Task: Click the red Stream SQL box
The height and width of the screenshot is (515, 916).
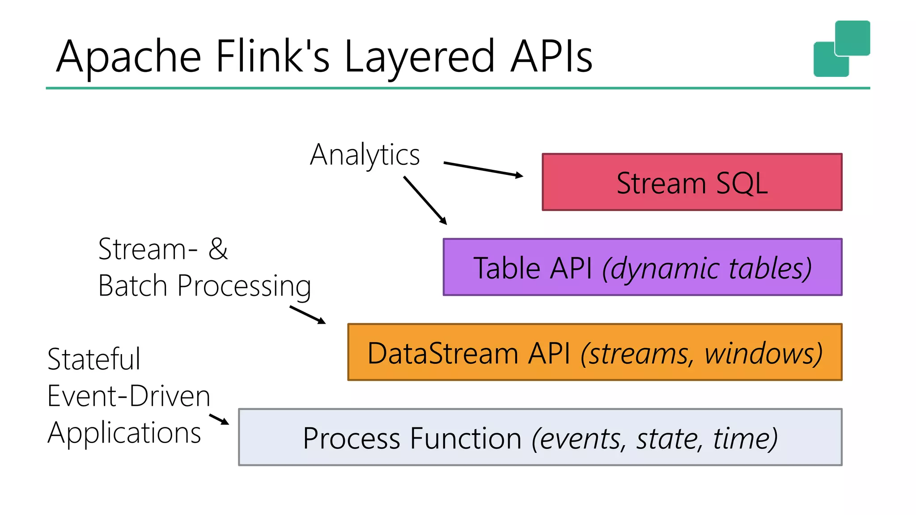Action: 691,182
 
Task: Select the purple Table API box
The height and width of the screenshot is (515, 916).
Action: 642,267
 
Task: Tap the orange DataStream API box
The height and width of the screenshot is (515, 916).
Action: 594,352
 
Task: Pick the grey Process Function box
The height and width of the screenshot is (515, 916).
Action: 540,437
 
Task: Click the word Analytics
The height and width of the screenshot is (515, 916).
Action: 365,155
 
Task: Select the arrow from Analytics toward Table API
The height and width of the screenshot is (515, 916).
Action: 425,200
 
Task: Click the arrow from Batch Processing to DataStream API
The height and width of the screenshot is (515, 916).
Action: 307,314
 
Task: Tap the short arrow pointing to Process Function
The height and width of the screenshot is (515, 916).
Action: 219,419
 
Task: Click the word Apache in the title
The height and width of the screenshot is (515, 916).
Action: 129,56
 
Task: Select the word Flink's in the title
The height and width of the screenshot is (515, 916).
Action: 272,56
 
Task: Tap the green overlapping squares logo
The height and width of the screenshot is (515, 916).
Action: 841,49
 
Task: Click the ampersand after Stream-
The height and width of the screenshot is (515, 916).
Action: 218,249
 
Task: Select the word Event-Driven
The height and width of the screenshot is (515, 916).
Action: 129,396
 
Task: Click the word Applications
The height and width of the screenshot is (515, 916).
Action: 124,434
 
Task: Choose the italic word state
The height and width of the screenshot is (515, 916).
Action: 667,439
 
